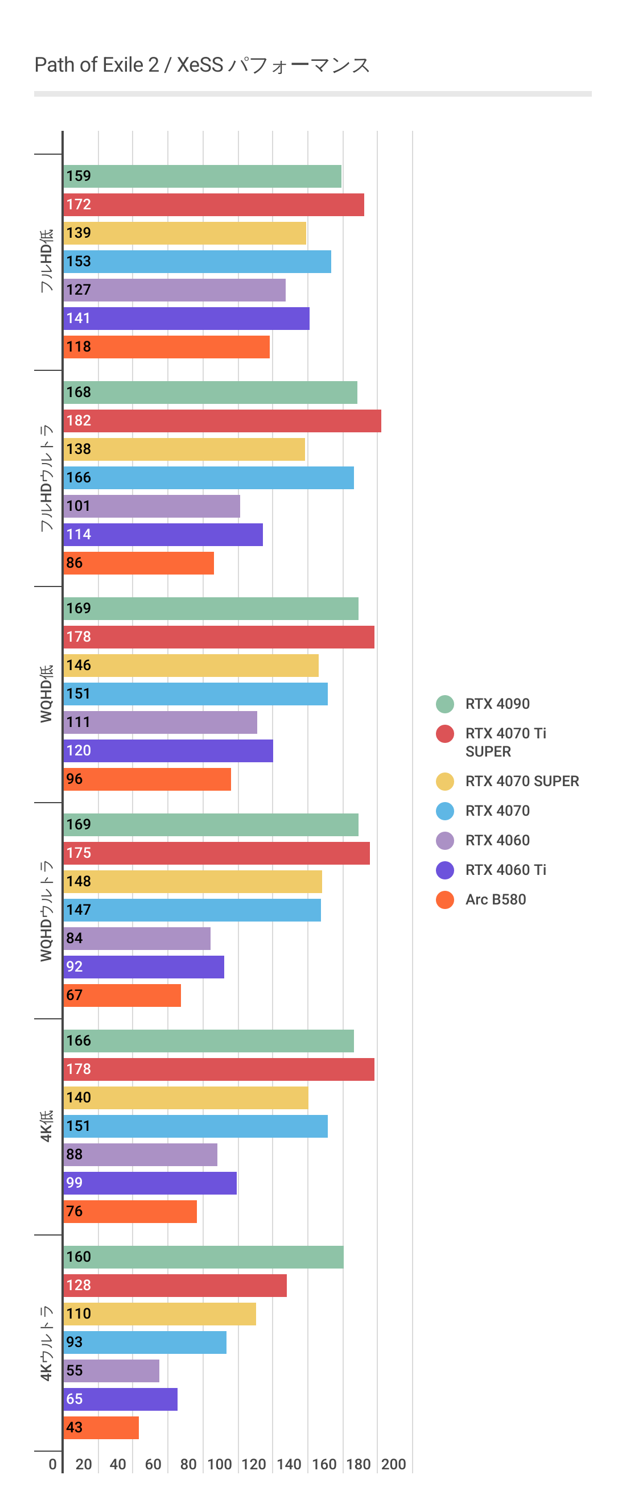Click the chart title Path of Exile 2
201,65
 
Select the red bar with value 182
222,421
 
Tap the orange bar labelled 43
101,1427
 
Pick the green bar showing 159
202,176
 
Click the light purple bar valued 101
151,506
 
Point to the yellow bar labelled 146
191,666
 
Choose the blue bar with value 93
145,1342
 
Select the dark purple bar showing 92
143,966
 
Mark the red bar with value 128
175,1286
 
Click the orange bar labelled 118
166,347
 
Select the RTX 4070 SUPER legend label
521,781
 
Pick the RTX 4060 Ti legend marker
445,870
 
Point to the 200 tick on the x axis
393,1464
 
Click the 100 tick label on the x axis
220,1464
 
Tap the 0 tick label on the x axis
53,1464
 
